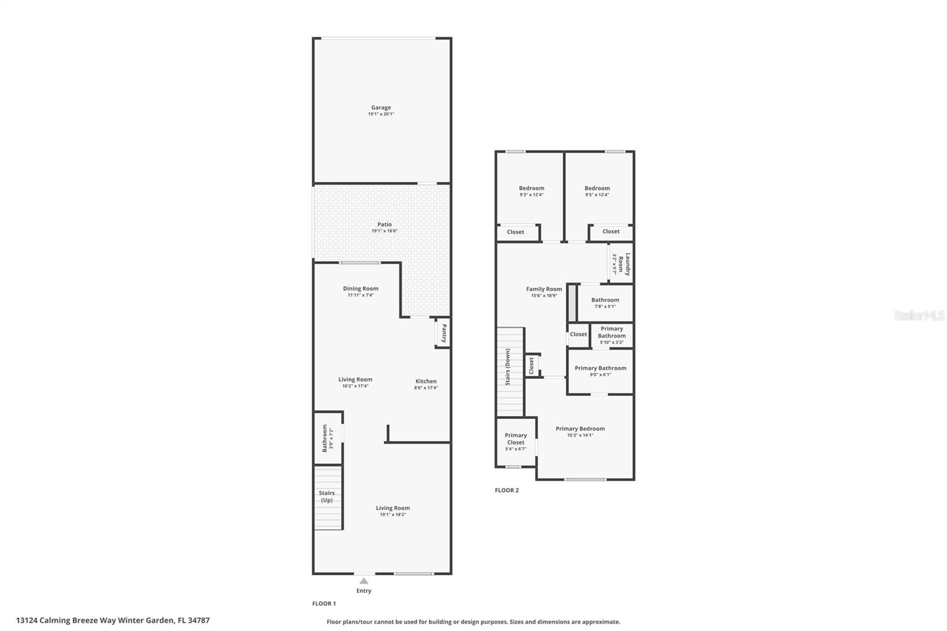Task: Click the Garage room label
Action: point(381,108)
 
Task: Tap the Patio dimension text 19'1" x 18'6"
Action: point(384,231)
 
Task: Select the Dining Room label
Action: point(360,289)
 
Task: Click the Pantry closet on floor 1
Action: point(443,333)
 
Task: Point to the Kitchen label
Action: point(426,381)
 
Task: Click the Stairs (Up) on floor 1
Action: point(327,497)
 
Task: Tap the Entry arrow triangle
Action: point(363,581)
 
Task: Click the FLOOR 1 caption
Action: point(324,604)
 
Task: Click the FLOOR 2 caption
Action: point(507,490)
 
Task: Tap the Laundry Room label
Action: point(624,264)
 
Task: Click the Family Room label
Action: point(544,289)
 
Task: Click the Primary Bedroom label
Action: point(580,429)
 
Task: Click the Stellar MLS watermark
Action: point(919,315)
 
